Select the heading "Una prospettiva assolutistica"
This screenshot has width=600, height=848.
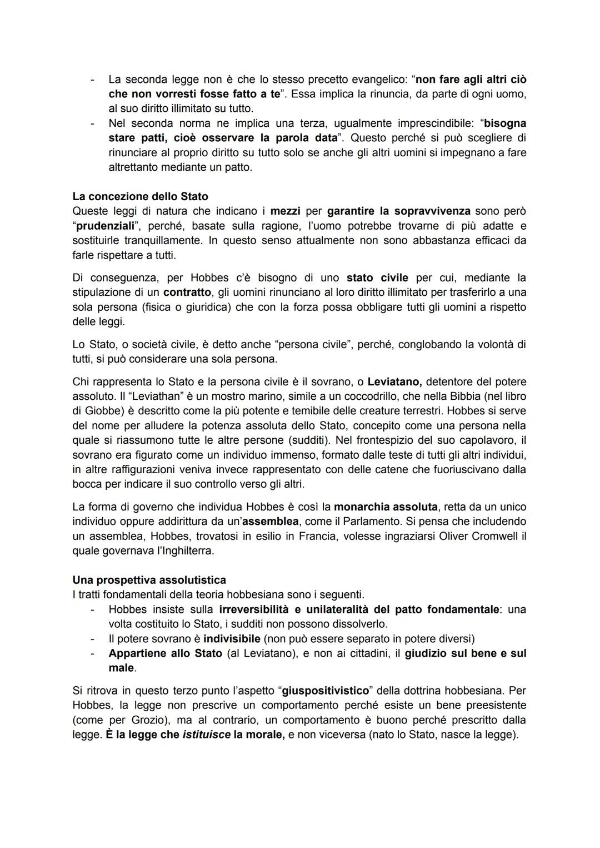click(x=149, y=580)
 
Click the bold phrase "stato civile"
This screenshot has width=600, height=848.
click(x=377, y=277)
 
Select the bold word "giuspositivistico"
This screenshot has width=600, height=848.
click(x=326, y=691)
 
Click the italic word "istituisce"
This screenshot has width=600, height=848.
click(x=207, y=735)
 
